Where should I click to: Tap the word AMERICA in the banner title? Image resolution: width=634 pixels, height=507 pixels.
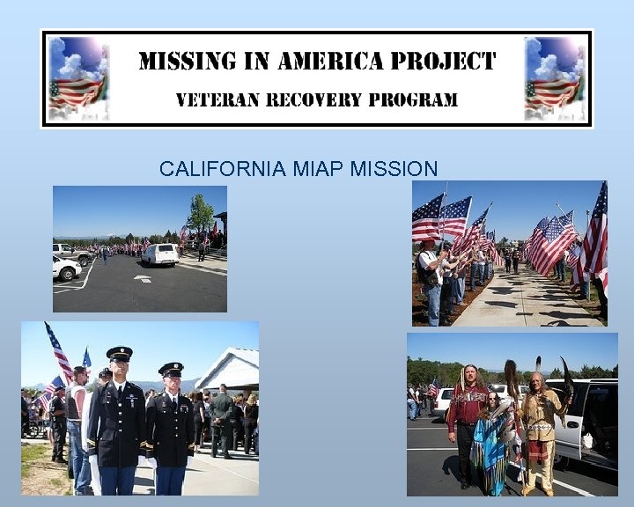[329, 62]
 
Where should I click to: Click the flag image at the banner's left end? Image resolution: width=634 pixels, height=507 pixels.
[77, 79]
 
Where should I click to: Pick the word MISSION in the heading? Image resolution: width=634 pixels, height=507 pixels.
[394, 169]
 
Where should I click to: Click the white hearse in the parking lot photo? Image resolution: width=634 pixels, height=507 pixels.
[159, 254]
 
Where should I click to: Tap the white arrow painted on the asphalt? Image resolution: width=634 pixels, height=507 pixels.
[143, 279]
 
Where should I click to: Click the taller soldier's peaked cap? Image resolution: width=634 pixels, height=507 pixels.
[119, 354]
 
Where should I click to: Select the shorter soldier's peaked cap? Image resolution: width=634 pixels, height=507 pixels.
[170, 369]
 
